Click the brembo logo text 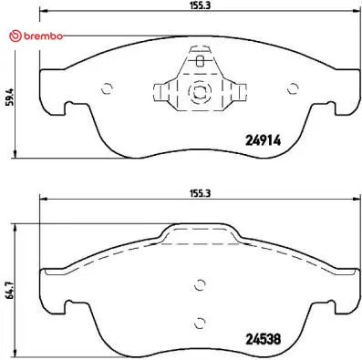43,36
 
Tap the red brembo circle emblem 16,36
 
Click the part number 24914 263,140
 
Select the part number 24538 263,339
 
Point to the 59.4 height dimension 11,97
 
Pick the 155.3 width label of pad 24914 201,5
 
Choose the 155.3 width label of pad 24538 201,193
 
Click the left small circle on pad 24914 108,88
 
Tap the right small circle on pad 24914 293,88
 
